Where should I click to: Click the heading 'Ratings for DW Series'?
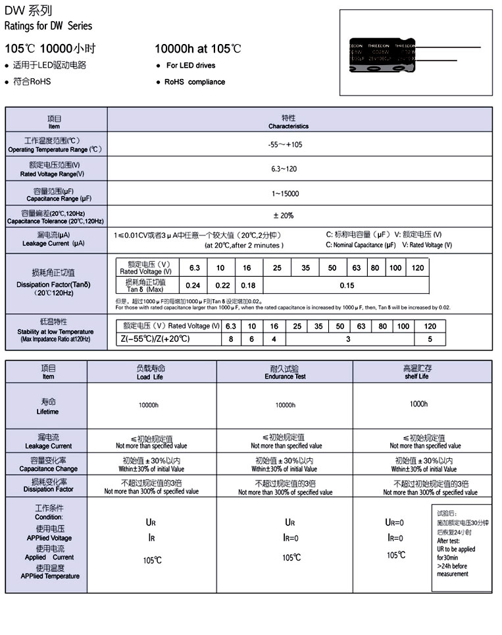pos(49,26)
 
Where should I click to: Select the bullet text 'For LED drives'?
pos(190,66)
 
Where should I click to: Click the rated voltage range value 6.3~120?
pos(284,169)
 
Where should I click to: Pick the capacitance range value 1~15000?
pos(285,194)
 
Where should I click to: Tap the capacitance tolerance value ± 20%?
pos(284,216)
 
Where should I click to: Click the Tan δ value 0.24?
pos(193,285)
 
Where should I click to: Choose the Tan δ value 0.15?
pos(347,285)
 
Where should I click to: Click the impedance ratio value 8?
pos(230,339)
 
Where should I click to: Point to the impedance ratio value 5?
pos(430,339)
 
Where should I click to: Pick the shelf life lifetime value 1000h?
pos(418,404)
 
